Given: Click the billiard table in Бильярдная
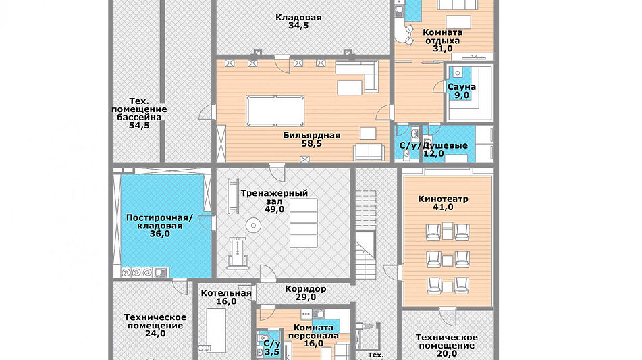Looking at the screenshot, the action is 275,111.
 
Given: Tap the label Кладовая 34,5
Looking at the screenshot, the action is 298,22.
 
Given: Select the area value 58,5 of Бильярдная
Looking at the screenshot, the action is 312,144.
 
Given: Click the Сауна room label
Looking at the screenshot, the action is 462,87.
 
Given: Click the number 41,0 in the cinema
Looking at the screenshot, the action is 443,207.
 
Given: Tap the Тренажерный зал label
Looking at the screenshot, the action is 274,197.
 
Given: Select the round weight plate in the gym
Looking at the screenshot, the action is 253,226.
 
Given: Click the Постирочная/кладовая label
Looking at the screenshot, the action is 160,222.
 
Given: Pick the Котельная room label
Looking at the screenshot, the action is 226,293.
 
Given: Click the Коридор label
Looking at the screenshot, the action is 306,288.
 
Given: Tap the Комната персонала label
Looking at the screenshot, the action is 314,332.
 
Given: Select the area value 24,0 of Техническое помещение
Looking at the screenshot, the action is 155,334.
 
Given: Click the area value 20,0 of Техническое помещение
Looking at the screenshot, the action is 447,354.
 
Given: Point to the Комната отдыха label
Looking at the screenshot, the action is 443,36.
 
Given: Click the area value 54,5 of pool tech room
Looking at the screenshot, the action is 139,126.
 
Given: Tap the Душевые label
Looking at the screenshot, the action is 445,146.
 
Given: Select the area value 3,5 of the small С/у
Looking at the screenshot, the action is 272,352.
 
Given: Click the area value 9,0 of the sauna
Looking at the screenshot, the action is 462,95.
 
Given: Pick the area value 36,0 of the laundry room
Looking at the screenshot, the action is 160,234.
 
